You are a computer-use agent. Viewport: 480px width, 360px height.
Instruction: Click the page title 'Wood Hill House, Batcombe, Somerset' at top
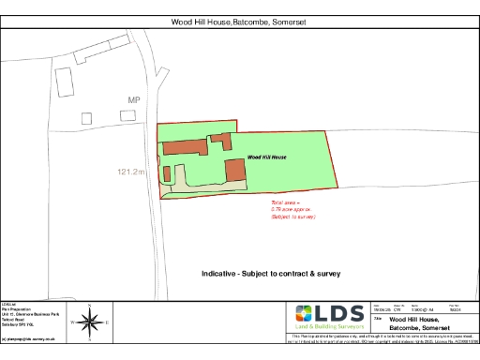tap(239, 22)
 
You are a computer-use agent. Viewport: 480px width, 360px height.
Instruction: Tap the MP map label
tap(134, 99)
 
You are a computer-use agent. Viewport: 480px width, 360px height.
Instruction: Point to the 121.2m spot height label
tap(132, 172)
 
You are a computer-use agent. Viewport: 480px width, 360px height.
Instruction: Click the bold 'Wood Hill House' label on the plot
tap(266, 158)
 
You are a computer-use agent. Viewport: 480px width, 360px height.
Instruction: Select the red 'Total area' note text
tap(292, 209)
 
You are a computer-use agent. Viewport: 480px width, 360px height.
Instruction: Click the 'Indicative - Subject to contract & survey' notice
tap(270, 274)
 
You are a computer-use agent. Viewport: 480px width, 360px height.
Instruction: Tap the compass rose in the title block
tap(90, 322)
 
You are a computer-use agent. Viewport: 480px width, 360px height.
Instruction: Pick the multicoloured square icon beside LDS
tap(306, 315)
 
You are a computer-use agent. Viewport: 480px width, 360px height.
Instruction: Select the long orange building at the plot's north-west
tap(184, 146)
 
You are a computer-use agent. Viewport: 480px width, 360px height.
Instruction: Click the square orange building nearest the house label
tap(234, 171)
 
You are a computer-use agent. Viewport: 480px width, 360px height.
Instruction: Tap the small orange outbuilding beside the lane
tap(168, 173)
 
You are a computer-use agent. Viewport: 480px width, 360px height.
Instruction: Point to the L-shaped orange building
tap(221, 141)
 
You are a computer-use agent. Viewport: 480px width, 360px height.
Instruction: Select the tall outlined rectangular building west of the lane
tap(67, 82)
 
